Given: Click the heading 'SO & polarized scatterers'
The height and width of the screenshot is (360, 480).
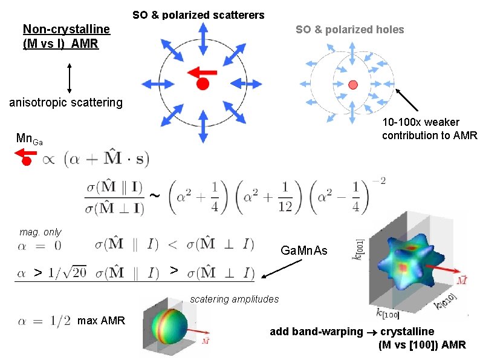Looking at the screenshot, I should click(198, 14).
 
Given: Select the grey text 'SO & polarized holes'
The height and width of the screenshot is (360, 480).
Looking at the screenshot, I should click(349, 30).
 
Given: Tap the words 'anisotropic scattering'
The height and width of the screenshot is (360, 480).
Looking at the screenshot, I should click(66, 102).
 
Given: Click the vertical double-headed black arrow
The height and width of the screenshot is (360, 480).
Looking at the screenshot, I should click(70, 79).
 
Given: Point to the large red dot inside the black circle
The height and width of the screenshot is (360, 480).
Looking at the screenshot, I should click(203, 84).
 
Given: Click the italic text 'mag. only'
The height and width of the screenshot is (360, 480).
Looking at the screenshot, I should click(41, 232).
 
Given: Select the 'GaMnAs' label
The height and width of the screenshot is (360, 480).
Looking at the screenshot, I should click(304, 250).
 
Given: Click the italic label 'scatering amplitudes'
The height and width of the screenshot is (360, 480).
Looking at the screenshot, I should click(235, 299).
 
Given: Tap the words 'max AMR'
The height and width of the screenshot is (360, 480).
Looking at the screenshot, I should click(102, 320).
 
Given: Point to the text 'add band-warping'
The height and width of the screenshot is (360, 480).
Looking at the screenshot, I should click(314, 332).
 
